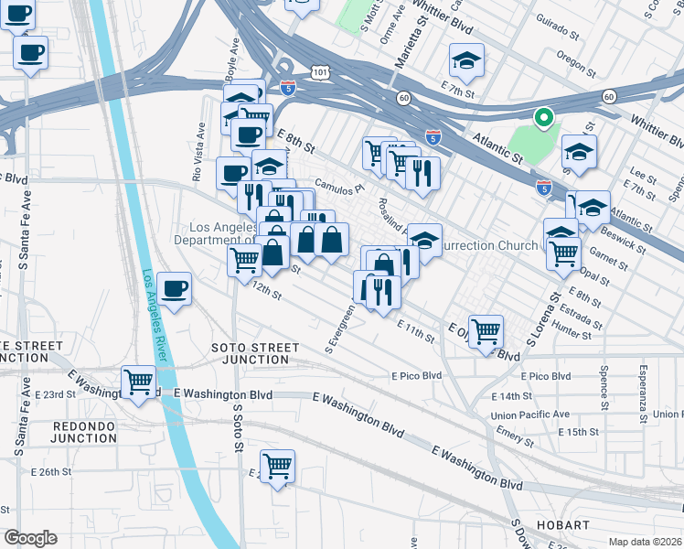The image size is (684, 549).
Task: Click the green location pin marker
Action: (542, 118)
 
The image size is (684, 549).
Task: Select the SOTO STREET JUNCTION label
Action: (255, 353)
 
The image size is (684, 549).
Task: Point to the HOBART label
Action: (564, 524)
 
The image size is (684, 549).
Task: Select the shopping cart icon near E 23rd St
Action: (139, 382)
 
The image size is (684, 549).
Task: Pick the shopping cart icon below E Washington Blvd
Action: (276, 467)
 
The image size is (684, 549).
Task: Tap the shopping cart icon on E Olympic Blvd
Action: (486, 330)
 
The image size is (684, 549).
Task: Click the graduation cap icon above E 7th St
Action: (466, 61)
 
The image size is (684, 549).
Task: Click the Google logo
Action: (30, 537)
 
